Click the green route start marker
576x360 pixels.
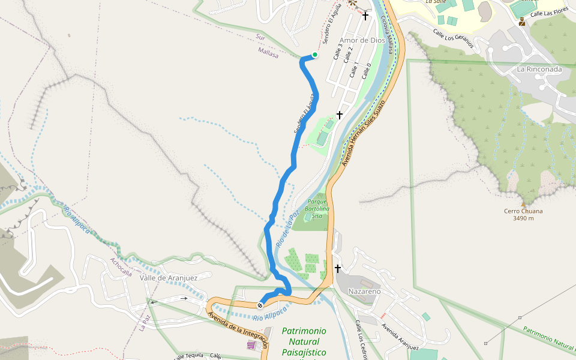click(x=314, y=55)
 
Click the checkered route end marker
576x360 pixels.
click(x=261, y=305)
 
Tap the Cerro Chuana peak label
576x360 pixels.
click(x=523, y=211)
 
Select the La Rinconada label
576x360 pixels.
click(x=539, y=69)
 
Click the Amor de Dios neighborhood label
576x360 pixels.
click(x=362, y=40)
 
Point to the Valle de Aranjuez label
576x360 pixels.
click(x=168, y=278)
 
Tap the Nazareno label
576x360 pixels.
click(x=364, y=291)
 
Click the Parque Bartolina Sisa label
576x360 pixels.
click(x=317, y=209)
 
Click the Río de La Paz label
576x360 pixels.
click(x=287, y=230)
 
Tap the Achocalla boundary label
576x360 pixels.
click(x=121, y=267)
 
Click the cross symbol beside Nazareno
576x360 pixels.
click(x=338, y=268)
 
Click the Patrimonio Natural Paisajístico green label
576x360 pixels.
click(x=304, y=342)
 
